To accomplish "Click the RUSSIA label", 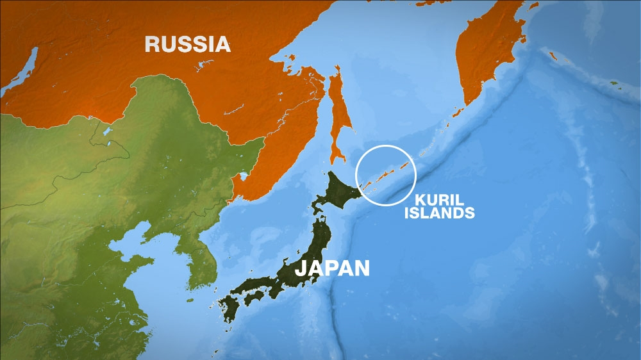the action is click(x=187, y=44).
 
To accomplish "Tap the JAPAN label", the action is click(x=332, y=267).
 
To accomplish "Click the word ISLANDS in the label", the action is click(x=439, y=213).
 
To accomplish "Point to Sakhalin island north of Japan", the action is click(x=337, y=115).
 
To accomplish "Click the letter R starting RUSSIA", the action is click(x=153, y=44).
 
